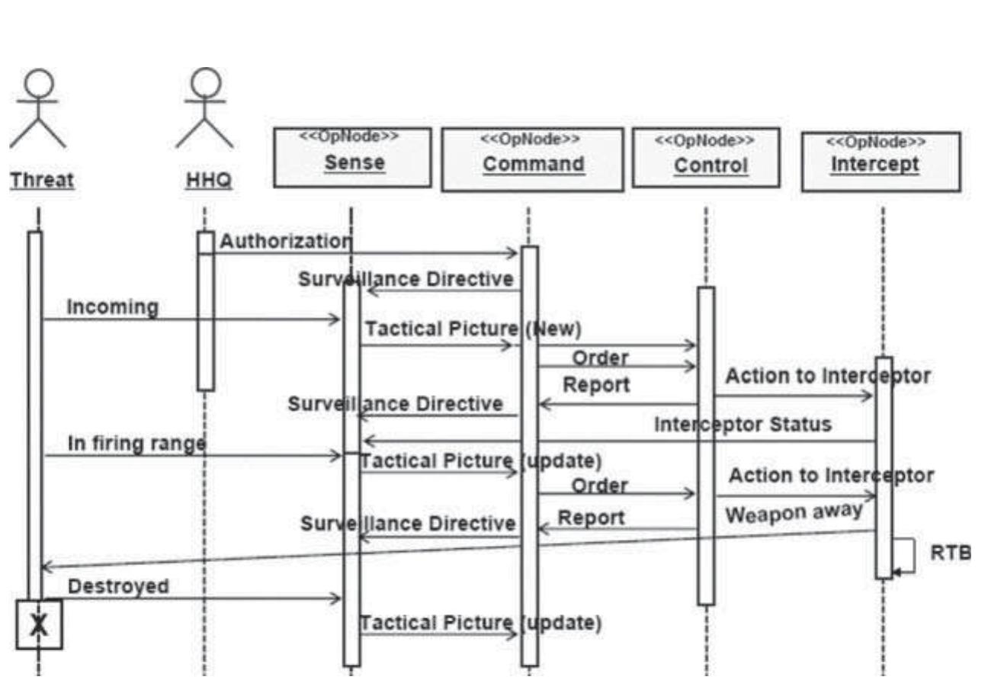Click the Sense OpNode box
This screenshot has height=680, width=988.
click(x=352, y=157)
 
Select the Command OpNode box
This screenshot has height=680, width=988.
click(x=532, y=159)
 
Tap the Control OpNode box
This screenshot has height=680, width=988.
click(x=706, y=157)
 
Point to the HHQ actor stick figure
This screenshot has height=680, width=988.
click(x=204, y=108)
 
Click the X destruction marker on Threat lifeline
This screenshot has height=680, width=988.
click(x=39, y=624)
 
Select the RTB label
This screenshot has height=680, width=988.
click(x=951, y=553)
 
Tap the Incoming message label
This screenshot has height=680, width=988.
click(x=113, y=307)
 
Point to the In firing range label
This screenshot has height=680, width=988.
click(x=136, y=443)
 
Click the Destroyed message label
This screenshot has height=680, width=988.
click(x=118, y=585)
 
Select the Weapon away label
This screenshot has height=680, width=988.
click(x=794, y=512)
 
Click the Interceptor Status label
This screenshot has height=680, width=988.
click(x=743, y=425)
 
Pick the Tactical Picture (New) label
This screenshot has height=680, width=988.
click(x=473, y=329)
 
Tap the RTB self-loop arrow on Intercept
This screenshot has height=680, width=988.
click(x=905, y=556)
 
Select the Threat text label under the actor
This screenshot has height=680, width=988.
click(x=41, y=181)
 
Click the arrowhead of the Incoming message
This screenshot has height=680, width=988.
click(x=335, y=319)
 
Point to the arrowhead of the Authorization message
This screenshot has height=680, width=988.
click(x=513, y=253)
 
